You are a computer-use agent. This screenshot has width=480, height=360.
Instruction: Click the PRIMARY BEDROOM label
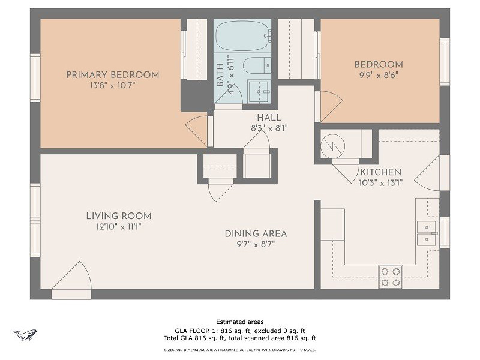pos(112,75)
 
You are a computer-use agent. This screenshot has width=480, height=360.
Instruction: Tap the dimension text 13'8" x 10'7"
pos(112,86)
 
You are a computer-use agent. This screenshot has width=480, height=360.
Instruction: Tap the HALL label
pos(269,118)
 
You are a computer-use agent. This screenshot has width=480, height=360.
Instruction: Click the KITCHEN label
pos(380,172)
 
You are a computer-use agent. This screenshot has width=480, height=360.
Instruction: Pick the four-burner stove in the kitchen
pos(390,277)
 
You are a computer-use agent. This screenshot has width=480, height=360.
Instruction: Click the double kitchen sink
pos(427,233)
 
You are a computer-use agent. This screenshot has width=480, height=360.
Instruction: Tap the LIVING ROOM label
pos(118,216)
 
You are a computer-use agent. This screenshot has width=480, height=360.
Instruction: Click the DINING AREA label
pos(256,233)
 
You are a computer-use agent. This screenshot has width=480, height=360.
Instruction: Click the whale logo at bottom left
pos(24,335)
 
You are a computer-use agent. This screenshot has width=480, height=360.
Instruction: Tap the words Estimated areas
pos(239,322)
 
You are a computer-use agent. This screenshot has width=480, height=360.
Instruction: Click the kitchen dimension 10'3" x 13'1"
pos(380,182)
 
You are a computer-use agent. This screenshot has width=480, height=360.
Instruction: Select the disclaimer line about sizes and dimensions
pos(239,349)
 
